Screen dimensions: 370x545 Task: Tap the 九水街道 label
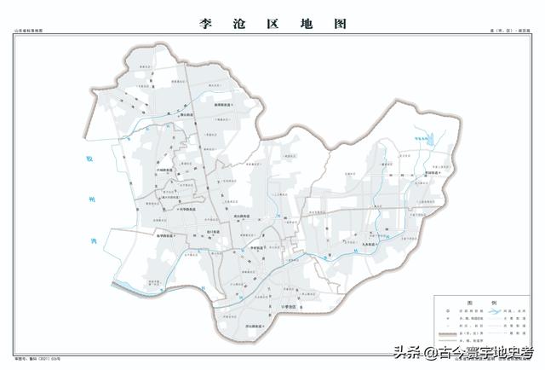coord(371,243)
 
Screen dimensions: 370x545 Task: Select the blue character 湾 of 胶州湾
coord(94,240)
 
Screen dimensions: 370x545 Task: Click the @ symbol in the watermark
coord(433,352)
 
